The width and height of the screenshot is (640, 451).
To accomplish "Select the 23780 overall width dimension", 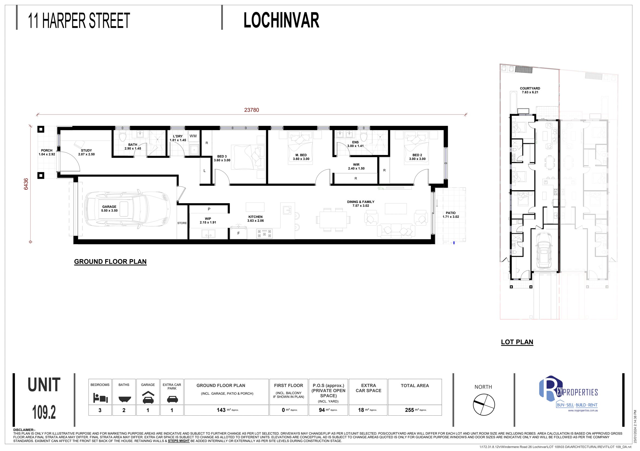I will click(x=251, y=110).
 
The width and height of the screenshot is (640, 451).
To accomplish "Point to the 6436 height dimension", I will click(x=26, y=184).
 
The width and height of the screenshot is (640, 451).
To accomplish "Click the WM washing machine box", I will click(x=193, y=136).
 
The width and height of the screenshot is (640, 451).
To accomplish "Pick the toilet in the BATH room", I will click(x=123, y=137).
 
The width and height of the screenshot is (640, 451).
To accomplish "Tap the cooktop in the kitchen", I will click(x=264, y=233).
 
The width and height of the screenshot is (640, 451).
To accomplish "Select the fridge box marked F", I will click(x=238, y=233).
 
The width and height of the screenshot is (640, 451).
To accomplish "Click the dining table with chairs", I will click(x=333, y=220).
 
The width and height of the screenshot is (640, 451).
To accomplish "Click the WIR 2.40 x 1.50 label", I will click(x=356, y=167).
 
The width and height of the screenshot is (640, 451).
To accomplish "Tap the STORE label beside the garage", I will click(x=182, y=223).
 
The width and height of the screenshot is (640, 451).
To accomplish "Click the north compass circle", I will click(x=484, y=405).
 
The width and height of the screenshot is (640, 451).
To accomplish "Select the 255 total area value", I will click(x=409, y=410).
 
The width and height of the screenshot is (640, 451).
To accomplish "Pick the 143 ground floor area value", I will click(x=221, y=410).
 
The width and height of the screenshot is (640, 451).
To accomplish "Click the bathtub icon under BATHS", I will click(x=124, y=399).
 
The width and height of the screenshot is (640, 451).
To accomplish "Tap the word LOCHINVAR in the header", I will click(x=281, y=20).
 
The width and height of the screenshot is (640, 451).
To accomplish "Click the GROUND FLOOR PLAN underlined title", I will click(x=110, y=262).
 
